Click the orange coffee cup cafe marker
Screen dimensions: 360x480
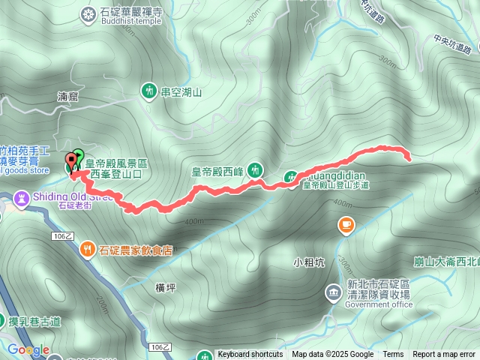(346, 223)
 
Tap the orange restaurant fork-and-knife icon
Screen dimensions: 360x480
(88, 250)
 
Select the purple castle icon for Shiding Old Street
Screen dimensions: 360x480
(22, 198)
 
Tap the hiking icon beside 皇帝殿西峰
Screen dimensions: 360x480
(255, 170)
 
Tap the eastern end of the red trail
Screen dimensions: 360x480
(409, 159)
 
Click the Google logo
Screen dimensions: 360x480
(28, 349)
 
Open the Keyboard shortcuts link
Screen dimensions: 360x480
(250, 355)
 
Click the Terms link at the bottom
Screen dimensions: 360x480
(393, 355)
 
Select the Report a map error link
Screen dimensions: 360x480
(444, 355)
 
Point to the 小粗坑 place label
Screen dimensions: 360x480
(309, 262)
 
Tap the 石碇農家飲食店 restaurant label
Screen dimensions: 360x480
(138, 250)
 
